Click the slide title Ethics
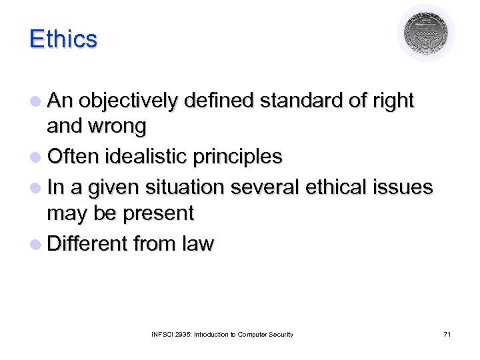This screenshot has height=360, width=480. [63, 39]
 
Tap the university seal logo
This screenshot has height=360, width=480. [426, 33]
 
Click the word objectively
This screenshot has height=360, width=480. [129, 101]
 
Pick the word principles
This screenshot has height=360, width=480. [237, 157]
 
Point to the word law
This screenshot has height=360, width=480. [197, 243]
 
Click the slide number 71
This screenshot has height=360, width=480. [447, 334]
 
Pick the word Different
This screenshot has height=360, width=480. [87, 243]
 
